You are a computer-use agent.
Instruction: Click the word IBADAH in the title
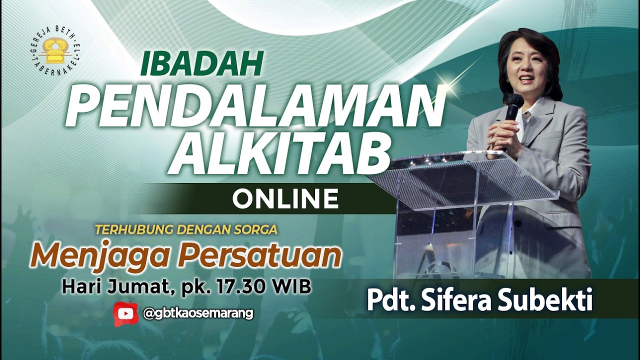pyautogui.click(x=202, y=63)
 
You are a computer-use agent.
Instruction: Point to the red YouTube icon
pyautogui.click(x=125, y=313)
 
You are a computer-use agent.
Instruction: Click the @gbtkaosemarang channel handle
pyautogui.click(x=198, y=313)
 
